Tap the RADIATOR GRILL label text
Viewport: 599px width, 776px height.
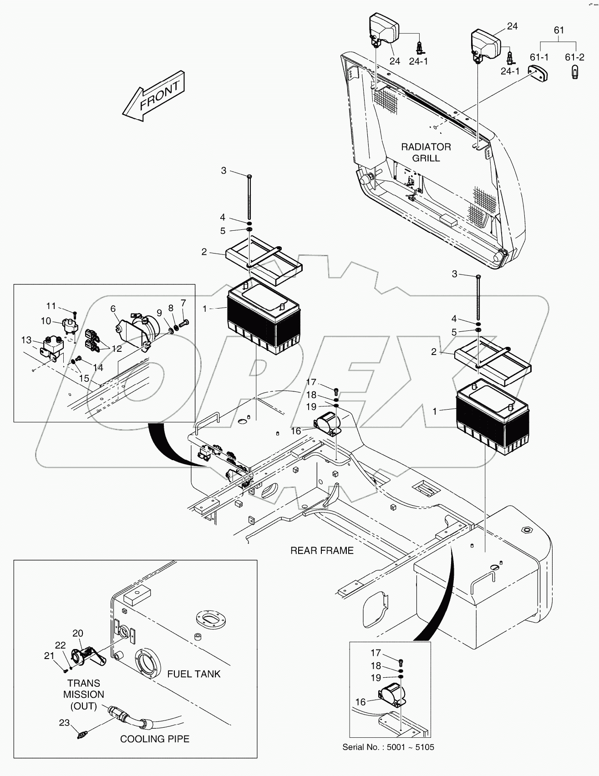426,152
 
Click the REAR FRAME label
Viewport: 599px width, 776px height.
322,551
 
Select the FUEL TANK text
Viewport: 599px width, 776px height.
194,674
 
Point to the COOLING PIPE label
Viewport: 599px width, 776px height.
154,739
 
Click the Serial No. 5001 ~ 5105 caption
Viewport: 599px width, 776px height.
388,747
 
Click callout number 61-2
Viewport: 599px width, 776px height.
574,57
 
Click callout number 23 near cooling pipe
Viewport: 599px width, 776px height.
64,722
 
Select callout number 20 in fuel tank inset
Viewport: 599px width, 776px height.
78,633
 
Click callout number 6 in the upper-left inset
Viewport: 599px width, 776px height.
113,309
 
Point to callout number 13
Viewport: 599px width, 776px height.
26,340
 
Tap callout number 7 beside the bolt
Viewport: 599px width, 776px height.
183,303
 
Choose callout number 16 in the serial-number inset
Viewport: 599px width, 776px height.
360,702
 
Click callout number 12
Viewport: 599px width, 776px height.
117,349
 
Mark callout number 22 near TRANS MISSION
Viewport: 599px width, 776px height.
61,645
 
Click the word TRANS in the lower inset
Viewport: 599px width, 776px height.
84,683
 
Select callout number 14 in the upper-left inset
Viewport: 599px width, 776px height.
98,367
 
